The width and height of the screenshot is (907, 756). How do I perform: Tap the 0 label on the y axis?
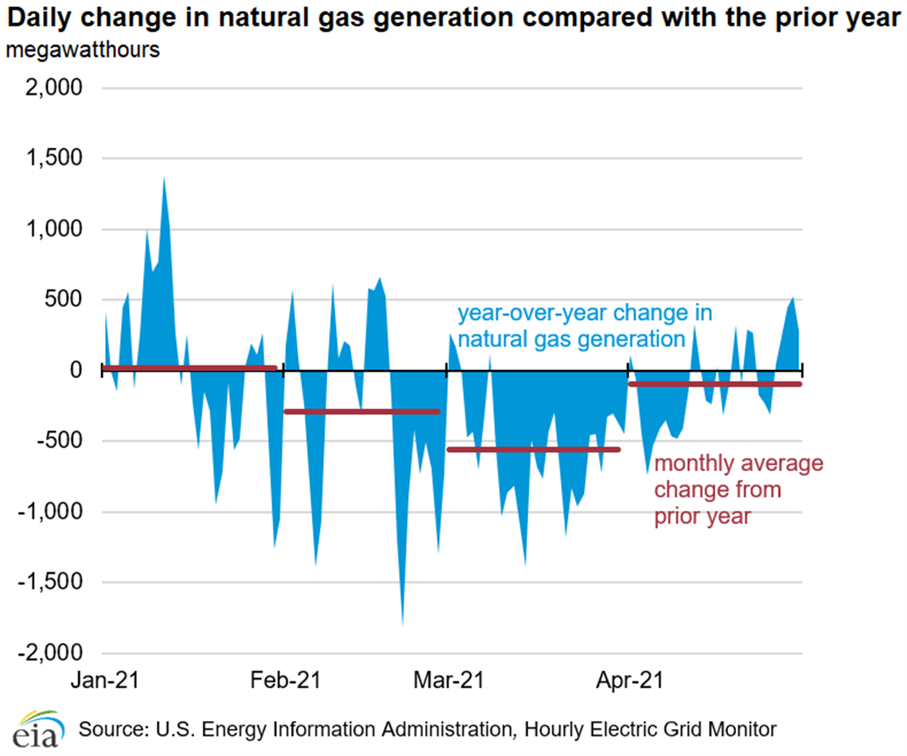tap(75, 370)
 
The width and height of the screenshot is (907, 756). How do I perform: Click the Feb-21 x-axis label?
tap(285, 681)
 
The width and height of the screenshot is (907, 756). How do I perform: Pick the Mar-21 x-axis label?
tap(447, 681)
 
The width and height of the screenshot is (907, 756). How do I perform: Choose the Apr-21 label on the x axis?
tap(629, 681)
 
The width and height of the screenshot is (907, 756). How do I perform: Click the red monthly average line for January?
tap(189, 368)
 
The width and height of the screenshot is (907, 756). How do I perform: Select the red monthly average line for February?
tap(362, 411)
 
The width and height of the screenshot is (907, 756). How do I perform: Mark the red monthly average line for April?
tap(714, 384)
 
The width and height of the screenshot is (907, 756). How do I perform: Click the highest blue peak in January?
tap(164, 178)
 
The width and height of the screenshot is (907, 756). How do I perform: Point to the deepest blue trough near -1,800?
tap(403, 623)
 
